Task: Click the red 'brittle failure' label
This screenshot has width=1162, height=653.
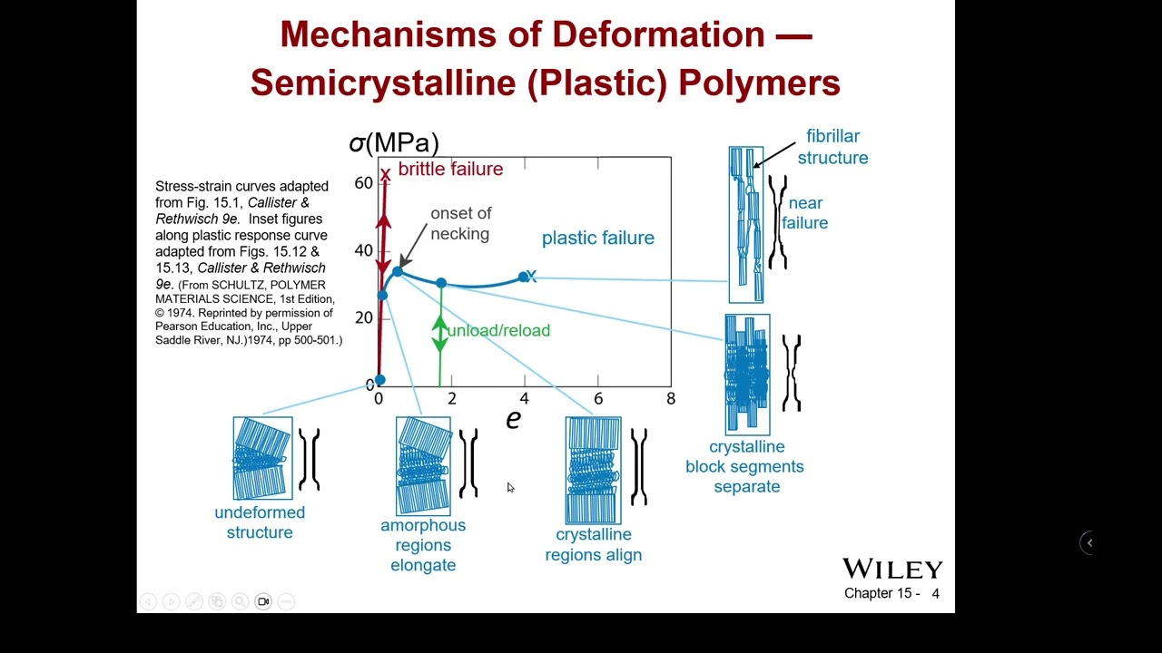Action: (x=450, y=170)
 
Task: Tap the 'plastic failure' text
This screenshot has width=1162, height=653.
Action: (x=597, y=238)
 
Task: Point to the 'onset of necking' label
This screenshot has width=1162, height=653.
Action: (x=460, y=223)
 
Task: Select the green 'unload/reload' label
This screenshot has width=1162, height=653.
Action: (x=498, y=330)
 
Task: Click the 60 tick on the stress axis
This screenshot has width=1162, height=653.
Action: (x=363, y=183)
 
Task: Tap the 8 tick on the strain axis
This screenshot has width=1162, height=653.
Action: (x=671, y=399)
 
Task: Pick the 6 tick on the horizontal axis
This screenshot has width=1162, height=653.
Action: (x=597, y=399)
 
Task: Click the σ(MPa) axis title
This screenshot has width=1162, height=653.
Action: (x=394, y=142)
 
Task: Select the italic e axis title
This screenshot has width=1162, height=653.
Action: (x=513, y=418)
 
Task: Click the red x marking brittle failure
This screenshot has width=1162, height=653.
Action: (x=385, y=174)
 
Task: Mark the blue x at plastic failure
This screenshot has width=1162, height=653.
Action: (x=531, y=277)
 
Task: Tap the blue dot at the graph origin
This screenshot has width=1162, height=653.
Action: (x=379, y=380)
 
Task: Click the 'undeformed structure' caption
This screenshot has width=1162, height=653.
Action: (x=260, y=522)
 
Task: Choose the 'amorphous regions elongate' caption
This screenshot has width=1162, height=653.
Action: (x=423, y=545)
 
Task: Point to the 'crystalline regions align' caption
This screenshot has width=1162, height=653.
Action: (x=593, y=544)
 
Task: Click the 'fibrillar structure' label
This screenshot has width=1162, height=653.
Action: (x=832, y=147)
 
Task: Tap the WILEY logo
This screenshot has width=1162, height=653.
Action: (x=892, y=569)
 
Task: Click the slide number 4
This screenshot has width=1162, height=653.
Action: (x=935, y=594)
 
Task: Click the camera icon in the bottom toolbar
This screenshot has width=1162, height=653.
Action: (x=263, y=601)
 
